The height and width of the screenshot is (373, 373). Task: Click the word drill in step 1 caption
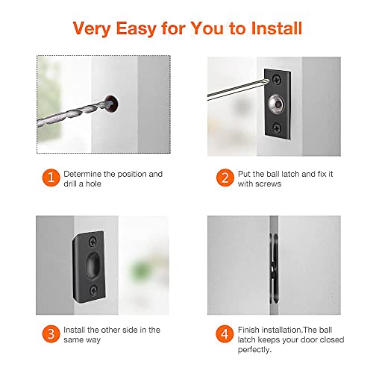pyautogui.click(x=72, y=184)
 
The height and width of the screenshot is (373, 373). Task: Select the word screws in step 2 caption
pyautogui.click(x=267, y=184)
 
